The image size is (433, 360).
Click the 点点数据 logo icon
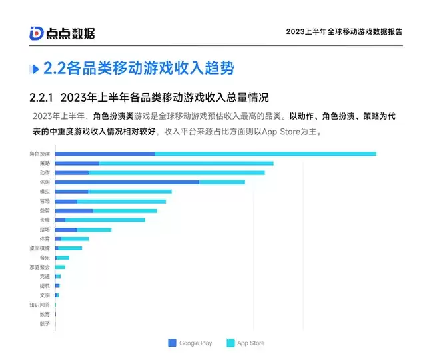point(37,33)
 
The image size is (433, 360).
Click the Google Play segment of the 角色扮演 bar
point(105,154)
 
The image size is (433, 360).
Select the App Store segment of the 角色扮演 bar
point(265,154)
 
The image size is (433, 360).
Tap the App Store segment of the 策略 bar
point(186,163)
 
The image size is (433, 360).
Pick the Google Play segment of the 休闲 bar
point(127,182)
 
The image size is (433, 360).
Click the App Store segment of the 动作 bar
point(177,172)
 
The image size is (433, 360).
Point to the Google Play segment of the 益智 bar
point(73,210)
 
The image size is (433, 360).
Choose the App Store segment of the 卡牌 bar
point(105,220)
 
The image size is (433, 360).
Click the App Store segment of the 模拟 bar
point(129,192)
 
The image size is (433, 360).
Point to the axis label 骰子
point(44,324)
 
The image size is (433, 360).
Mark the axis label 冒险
point(44,200)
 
